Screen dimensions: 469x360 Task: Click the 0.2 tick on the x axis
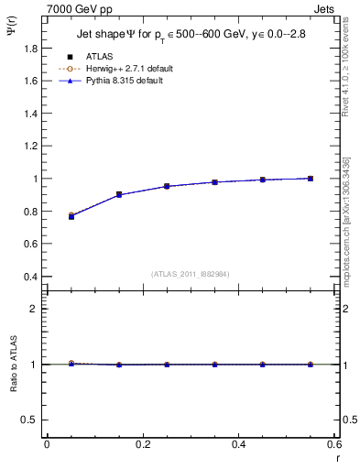142,444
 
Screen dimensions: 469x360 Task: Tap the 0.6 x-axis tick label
333,444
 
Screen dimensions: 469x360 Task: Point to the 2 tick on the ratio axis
34,309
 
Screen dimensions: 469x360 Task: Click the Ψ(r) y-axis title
11,33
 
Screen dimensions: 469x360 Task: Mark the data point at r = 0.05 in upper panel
71,216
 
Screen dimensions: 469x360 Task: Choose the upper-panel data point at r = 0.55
311,179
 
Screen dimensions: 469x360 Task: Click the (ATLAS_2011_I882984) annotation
190,274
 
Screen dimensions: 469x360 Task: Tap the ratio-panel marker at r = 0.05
71,364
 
